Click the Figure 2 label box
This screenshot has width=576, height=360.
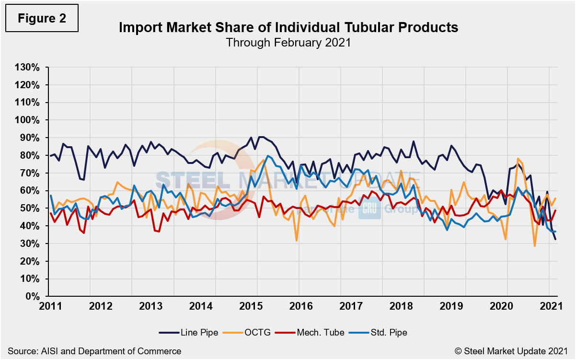[42, 19]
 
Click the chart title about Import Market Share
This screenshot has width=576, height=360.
[288, 27]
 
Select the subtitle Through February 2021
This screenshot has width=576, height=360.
[288, 42]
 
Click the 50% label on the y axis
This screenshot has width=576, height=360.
[29, 209]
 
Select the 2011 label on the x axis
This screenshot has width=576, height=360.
[49, 306]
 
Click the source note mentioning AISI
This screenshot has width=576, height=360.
[94, 351]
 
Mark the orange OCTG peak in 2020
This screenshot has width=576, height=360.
[518, 159]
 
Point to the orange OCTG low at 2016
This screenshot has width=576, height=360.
[297, 240]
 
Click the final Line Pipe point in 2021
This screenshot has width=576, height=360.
[555, 239]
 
